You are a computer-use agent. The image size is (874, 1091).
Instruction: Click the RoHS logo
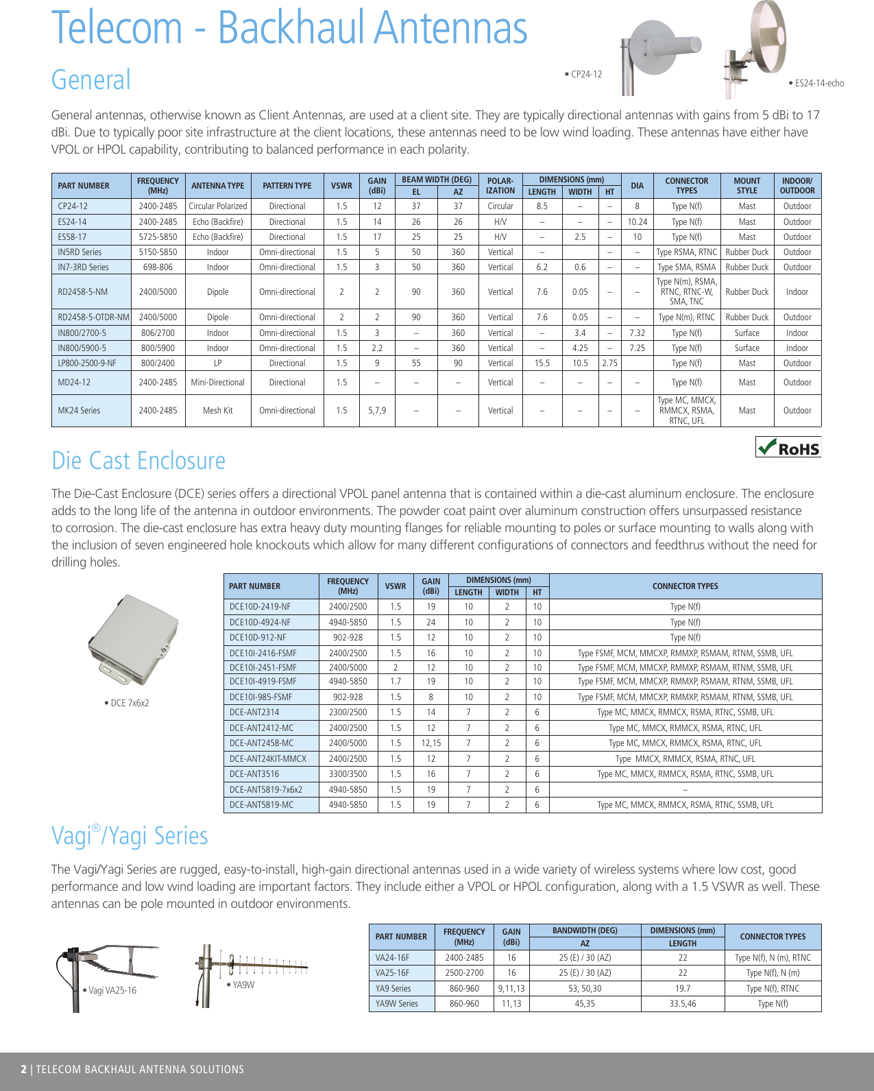coord(788,448)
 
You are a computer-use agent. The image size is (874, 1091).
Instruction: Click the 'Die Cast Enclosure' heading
coord(138,461)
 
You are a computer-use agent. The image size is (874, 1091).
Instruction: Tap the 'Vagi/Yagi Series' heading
coord(130,836)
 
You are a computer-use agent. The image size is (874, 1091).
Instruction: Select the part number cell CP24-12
coord(73,206)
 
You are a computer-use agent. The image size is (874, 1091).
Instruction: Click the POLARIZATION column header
coord(500,186)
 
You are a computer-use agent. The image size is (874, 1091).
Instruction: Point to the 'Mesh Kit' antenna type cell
coord(218,411)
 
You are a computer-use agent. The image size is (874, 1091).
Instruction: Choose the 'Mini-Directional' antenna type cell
coord(218,383)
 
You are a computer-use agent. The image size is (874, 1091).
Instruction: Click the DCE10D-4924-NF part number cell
coord(260,623)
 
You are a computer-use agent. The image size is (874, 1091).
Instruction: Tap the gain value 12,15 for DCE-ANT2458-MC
coord(431,743)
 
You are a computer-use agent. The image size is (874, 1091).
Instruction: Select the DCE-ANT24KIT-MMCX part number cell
coord(268,759)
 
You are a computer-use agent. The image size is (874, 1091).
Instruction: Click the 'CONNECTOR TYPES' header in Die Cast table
coord(685,586)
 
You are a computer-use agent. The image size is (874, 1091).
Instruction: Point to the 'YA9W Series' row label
coord(397,1004)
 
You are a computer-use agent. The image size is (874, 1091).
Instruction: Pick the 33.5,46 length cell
coord(683,1004)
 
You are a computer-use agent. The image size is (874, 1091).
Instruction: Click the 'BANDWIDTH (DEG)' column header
coord(585,931)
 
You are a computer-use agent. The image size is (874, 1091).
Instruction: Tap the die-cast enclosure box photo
coord(134,639)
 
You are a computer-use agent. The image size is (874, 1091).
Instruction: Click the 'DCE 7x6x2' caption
coord(128,704)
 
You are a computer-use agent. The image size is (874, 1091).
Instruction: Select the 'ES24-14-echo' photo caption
coord(818,84)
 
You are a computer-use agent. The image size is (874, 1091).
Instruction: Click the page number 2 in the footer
coord(24,1070)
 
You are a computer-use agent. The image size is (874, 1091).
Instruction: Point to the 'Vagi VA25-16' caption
coord(111,991)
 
